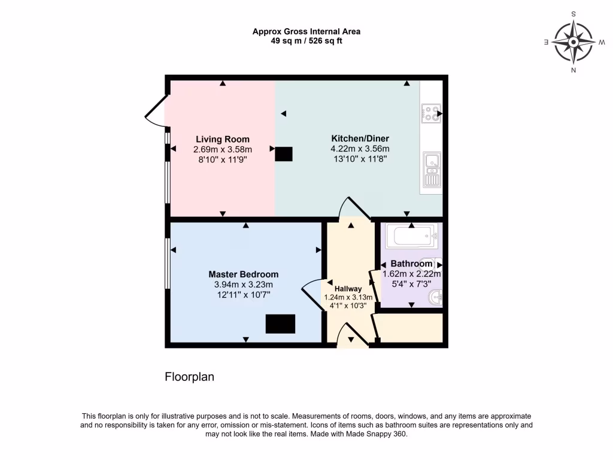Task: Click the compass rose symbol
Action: tap(573, 42)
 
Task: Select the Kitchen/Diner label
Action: tap(360, 138)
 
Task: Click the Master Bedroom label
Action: tap(244, 274)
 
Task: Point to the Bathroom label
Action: tap(411, 264)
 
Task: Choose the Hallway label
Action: tap(348, 289)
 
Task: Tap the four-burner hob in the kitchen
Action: tap(431, 114)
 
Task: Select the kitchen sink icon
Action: tap(431, 170)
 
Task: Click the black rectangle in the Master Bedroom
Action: tap(281, 324)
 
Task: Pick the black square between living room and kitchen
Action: tap(284, 155)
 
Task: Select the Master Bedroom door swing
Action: tap(312, 292)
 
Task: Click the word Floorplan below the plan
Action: tap(189, 377)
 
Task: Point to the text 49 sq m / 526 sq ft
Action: tap(306, 41)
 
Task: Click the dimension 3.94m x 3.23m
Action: tap(244, 285)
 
